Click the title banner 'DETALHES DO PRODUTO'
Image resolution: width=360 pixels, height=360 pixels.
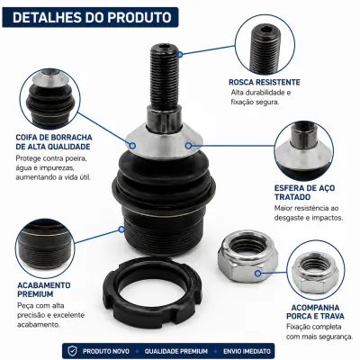click(90, 17)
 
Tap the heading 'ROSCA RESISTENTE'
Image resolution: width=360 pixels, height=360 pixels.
click(265, 82)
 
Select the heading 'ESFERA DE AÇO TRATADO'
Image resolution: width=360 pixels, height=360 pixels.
click(304, 193)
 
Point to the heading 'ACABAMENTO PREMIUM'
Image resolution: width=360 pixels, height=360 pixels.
click(44, 290)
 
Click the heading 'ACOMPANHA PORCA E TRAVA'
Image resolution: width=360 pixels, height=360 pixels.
click(315, 312)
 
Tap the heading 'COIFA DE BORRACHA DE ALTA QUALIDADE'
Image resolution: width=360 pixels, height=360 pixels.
click(54, 142)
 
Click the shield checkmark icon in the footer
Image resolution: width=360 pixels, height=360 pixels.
click(72, 351)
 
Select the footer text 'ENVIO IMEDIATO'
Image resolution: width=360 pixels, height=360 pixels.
click(247, 351)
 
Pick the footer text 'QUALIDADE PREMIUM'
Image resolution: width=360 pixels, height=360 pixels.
click(176, 351)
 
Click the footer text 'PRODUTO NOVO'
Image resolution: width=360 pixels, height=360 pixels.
click(106, 351)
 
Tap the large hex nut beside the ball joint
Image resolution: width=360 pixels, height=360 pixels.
click(247, 257)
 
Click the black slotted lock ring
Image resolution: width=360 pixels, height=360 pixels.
click(153, 291)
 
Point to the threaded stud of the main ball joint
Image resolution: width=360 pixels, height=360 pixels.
click(164, 76)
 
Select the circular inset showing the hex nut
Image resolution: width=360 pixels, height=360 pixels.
click(316, 270)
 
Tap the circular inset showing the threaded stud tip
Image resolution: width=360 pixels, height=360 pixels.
click(265, 44)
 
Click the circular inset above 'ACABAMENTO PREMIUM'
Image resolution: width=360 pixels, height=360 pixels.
click(45, 248)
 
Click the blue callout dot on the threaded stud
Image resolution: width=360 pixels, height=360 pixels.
click(179, 54)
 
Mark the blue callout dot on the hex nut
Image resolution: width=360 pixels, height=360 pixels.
click(257, 274)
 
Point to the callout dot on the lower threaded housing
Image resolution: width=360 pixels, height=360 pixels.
click(121, 229)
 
